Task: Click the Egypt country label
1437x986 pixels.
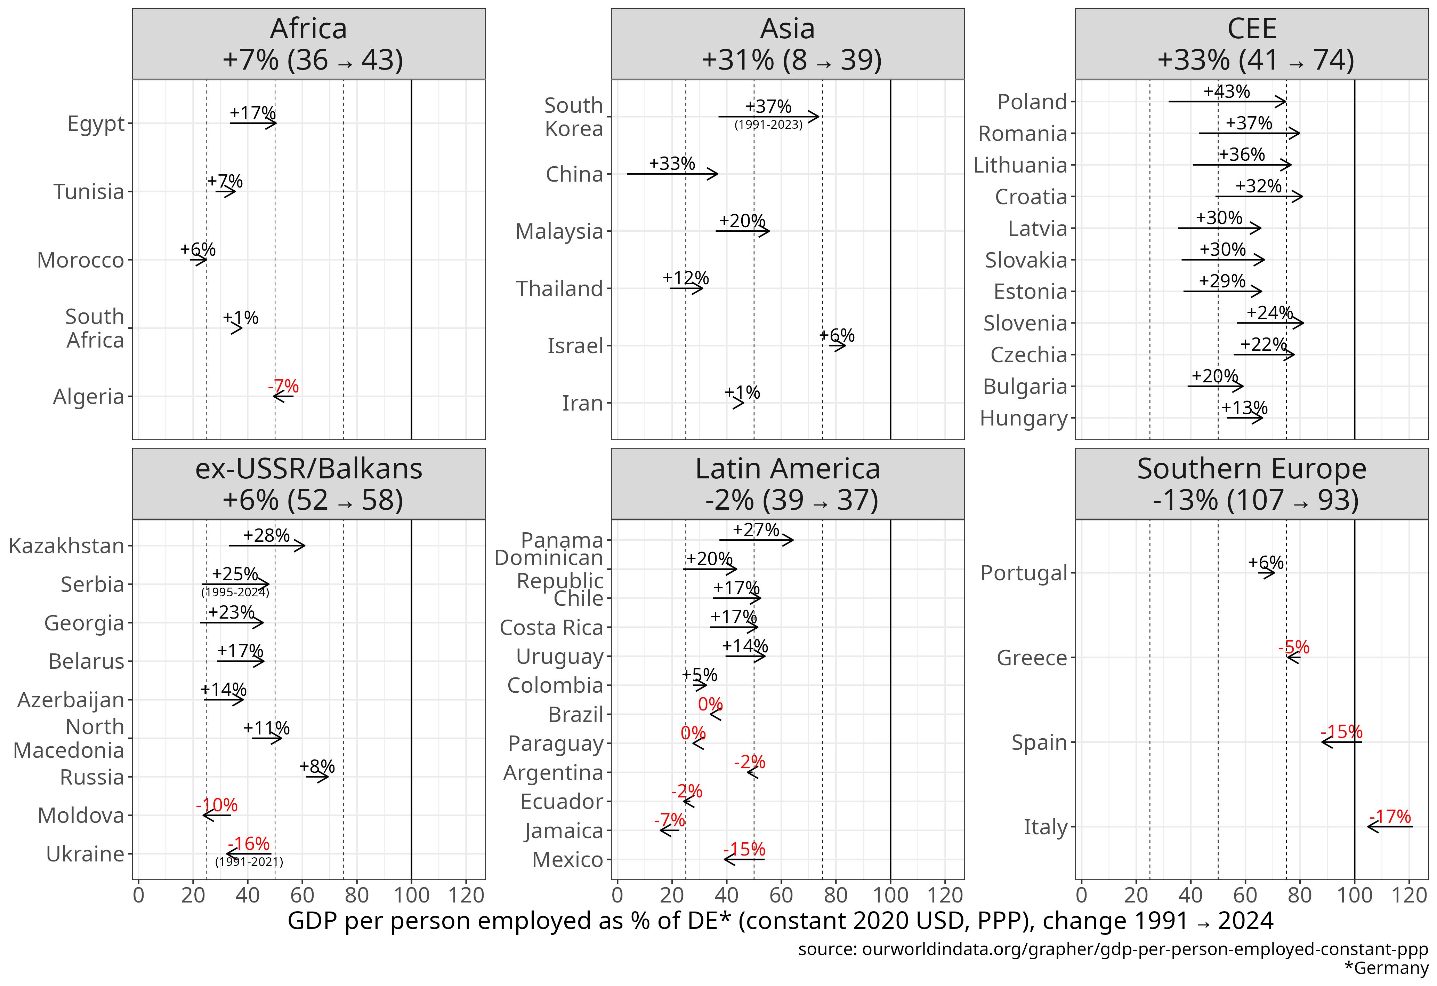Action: [x=96, y=124]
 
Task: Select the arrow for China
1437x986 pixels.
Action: [x=672, y=174]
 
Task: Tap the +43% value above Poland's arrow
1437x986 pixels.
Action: [x=1226, y=92]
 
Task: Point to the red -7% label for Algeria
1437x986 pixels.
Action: [x=283, y=387]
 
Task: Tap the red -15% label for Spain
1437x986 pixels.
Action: [x=1341, y=732]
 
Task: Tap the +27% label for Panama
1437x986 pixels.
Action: [x=756, y=530]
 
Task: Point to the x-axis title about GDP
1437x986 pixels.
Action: [x=780, y=921]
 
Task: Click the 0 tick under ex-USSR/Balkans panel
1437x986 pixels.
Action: [x=138, y=895]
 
